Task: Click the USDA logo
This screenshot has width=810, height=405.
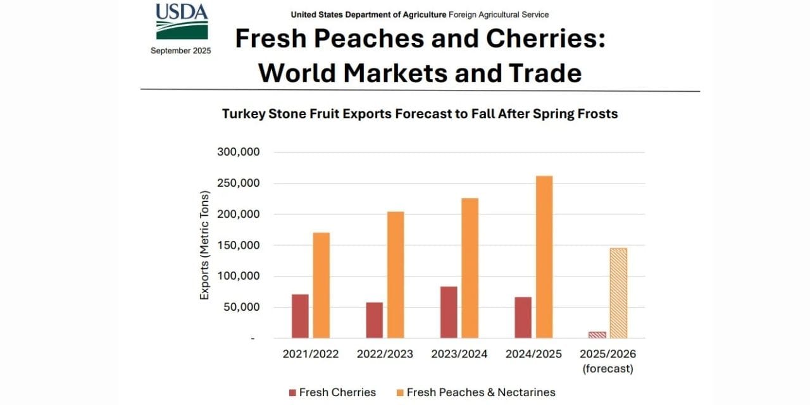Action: tap(182, 22)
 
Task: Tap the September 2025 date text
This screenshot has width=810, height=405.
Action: tap(181, 51)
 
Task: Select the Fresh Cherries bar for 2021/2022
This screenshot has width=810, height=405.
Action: tap(300, 316)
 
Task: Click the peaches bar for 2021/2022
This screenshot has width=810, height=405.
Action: tap(321, 285)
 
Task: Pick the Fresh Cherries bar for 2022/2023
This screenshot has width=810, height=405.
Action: tap(374, 320)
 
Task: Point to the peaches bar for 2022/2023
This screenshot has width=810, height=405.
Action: tap(396, 275)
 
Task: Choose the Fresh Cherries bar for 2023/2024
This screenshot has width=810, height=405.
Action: tap(449, 312)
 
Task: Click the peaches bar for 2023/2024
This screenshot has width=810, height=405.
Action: tap(470, 268)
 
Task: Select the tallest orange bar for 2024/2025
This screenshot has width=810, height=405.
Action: tap(544, 257)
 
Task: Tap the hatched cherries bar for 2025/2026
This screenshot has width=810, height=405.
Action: tap(597, 335)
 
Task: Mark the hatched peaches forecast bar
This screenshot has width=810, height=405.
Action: tap(618, 293)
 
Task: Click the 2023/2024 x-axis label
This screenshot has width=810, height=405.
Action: tap(459, 354)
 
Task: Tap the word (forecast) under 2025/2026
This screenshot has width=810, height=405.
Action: tap(608, 369)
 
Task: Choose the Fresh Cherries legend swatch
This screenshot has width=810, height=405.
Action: tap(292, 393)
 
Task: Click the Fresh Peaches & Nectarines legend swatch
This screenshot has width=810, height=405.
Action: tap(400, 393)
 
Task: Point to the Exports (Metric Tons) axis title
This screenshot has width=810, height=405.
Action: tap(204, 246)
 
